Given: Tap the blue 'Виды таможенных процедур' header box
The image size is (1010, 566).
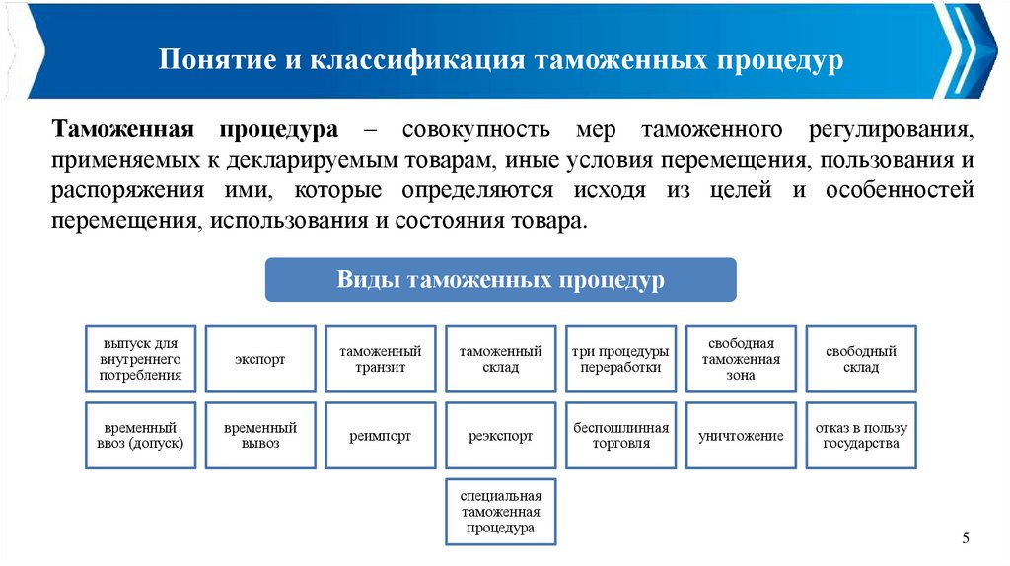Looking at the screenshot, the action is (501, 280).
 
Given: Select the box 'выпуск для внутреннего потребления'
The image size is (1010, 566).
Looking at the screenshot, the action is (140, 359).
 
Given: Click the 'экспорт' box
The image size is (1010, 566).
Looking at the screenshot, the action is (260, 359).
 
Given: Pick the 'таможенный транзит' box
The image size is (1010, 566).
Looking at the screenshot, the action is (381, 359).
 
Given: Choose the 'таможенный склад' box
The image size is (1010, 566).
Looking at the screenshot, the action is (501, 359).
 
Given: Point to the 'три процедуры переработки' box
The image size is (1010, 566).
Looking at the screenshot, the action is (621, 359).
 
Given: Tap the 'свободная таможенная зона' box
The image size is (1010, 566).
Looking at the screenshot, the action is (741, 359).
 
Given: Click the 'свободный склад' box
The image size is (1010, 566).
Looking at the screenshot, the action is (861, 359).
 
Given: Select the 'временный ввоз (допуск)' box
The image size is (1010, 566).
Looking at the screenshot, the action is (140, 435).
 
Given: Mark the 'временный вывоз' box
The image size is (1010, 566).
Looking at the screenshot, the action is (260, 435).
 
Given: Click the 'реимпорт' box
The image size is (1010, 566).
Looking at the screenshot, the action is (381, 435).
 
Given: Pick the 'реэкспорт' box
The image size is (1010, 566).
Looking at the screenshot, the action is (501, 435).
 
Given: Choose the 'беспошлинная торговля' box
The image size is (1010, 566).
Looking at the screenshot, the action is (621, 435).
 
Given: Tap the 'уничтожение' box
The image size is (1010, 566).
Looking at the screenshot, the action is (741, 435).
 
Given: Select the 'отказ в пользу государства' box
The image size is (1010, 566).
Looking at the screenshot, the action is (861, 435).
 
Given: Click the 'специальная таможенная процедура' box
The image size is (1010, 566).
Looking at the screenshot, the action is (501, 512).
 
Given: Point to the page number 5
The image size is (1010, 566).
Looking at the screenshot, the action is (966, 537).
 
